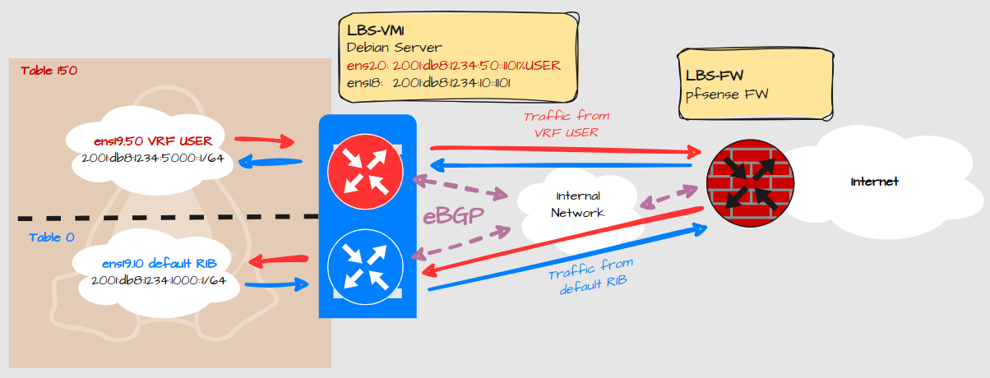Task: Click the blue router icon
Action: [x=366, y=267]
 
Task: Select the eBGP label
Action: [x=451, y=217]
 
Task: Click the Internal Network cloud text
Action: [x=578, y=205]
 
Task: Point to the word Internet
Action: [x=875, y=181]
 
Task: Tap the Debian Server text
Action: [x=396, y=48]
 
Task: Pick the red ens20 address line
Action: [x=454, y=65]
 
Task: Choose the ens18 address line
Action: [x=429, y=83]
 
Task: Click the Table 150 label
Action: [x=49, y=71]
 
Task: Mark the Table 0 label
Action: [x=51, y=237]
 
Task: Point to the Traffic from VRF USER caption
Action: [x=567, y=123]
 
